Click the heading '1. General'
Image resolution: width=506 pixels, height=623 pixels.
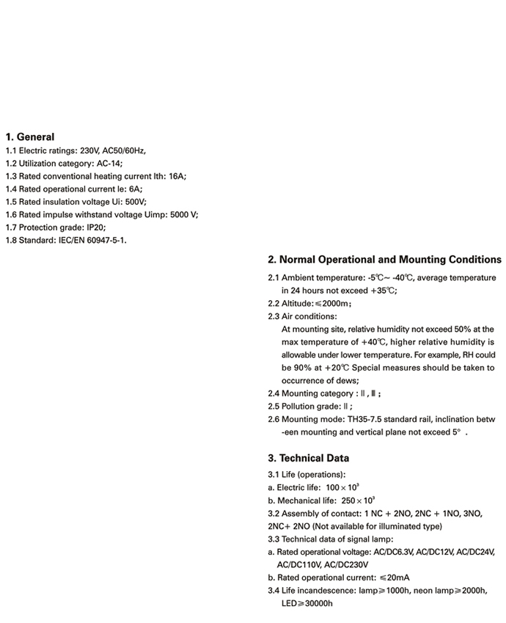pyautogui.click(x=29, y=136)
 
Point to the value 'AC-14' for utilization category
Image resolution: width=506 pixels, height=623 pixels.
pyautogui.click(x=109, y=163)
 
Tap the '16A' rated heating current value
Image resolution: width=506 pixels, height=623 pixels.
pyautogui.click(x=177, y=176)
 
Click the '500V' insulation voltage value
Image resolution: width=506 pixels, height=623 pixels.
pyautogui.click(x=136, y=202)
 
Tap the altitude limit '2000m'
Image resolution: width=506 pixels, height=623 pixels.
pyautogui.click(x=337, y=304)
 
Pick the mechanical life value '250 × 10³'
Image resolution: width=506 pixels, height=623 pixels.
pyautogui.click(x=359, y=500)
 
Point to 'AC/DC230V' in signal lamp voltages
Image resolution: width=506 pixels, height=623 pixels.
pyautogui.click(x=345, y=565)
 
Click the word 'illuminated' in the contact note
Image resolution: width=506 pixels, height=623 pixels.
pyautogui.click(x=396, y=526)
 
